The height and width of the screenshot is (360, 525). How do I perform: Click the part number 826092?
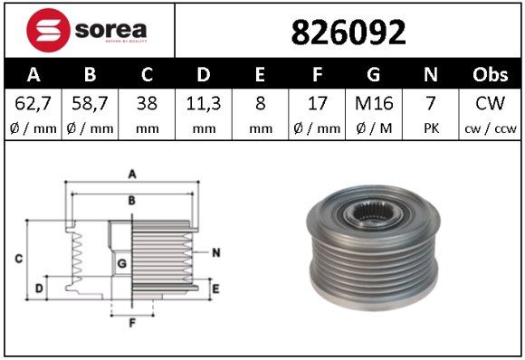click(348, 33)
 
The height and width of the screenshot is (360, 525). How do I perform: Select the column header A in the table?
click(33, 74)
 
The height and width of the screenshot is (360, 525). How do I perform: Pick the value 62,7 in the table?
click(33, 103)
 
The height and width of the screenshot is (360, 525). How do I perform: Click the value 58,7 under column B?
click(90, 103)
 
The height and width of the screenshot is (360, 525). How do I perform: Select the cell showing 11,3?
click(204, 103)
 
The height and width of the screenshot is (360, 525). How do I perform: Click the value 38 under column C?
click(146, 103)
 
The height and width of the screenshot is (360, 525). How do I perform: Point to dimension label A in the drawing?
click(131, 174)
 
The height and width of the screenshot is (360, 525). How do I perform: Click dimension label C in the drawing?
click(18, 260)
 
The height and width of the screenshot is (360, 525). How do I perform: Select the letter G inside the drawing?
click(120, 263)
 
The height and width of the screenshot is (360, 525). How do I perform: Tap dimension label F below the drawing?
click(131, 322)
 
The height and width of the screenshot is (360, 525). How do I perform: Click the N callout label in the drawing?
click(216, 252)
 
